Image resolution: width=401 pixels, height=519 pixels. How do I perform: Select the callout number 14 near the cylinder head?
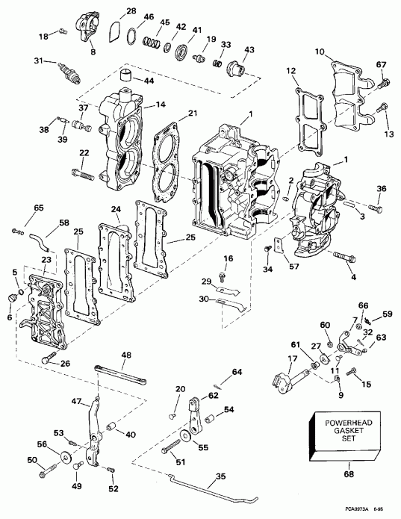click(159, 106)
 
